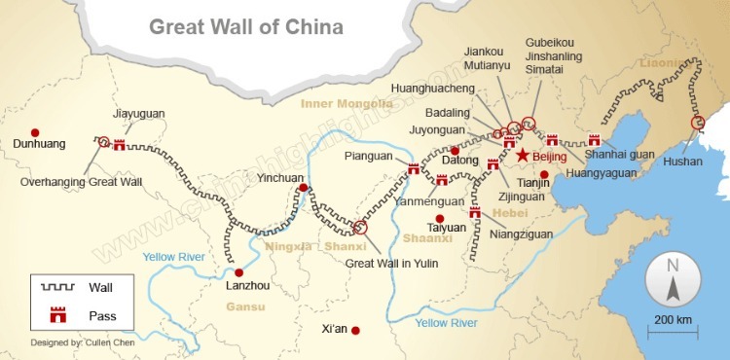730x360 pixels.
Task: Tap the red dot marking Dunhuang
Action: (35, 132)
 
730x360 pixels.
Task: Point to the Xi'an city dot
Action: (356, 331)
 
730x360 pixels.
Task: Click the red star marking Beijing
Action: (523, 155)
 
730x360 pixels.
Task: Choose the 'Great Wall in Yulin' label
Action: (393, 263)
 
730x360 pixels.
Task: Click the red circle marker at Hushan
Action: (697, 123)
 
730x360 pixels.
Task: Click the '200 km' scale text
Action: (673, 320)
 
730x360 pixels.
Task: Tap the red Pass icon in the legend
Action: (56, 314)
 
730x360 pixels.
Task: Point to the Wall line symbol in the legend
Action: (56, 287)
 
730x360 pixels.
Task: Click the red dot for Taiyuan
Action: (439, 218)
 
